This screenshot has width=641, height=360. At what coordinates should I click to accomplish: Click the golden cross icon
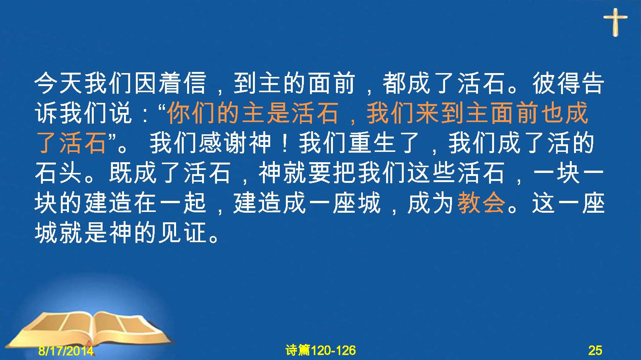coord(615,22)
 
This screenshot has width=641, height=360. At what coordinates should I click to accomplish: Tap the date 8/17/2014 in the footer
coord(66,350)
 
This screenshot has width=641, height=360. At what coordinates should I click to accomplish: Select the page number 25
coord(595,350)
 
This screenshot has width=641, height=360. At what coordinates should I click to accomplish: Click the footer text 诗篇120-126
coord(321,350)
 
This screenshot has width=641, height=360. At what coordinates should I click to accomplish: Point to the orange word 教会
coord(481,203)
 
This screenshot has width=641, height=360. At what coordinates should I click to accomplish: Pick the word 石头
coord(59,173)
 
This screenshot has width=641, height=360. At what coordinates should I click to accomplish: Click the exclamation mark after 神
coord(285,143)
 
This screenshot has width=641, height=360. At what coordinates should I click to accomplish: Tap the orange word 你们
coord(192,113)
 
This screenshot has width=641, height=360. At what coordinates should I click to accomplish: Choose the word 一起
coord(183,203)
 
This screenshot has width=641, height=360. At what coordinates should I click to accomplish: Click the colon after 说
coord(145,115)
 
